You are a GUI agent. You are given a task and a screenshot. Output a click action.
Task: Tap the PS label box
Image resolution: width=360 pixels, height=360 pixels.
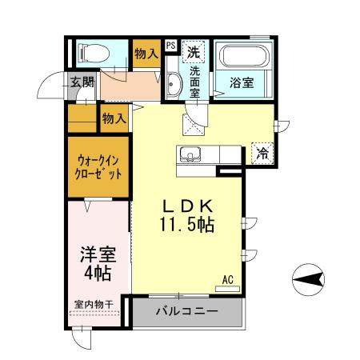point(170,46)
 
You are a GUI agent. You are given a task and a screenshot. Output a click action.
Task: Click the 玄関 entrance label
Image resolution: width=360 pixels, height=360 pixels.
point(82,81)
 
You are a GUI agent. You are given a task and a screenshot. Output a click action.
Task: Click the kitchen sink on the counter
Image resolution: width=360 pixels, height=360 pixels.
point(190,154)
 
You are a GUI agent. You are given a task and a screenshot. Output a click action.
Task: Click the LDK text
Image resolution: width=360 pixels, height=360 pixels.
point(189,205)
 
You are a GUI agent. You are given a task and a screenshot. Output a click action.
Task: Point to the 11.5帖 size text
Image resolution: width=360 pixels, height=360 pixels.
point(189,226)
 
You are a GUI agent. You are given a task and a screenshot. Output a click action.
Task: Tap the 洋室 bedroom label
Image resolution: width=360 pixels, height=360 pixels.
point(98,256)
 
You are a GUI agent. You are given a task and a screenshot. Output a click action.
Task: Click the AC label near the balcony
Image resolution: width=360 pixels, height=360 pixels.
point(227,280)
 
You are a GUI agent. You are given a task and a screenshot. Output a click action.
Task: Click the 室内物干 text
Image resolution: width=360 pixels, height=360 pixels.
point(94,304)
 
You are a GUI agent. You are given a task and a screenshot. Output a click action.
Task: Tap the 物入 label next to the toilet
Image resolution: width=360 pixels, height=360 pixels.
point(145,54)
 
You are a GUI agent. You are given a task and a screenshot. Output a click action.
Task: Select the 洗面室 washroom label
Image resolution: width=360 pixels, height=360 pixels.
point(194,80)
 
